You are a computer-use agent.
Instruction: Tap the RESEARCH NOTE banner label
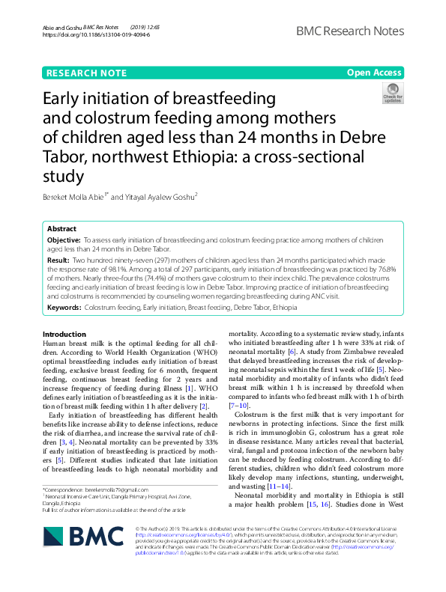click(x=82, y=73)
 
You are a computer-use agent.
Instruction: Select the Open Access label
click(x=374, y=73)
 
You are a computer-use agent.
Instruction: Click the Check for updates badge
click(x=392, y=94)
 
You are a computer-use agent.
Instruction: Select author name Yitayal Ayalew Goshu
click(x=163, y=198)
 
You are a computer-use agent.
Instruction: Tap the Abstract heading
click(x=61, y=228)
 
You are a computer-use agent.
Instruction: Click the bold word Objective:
click(x=64, y=239)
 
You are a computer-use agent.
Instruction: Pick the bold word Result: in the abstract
click(x=58, y=258)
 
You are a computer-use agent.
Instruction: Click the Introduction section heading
click(x=65, y=334)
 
